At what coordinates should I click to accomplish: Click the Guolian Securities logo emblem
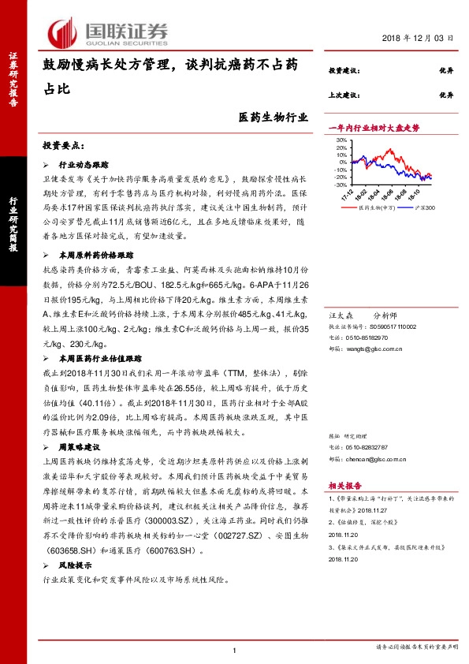pos(63,32)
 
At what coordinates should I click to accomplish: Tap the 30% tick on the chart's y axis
pos(341,141)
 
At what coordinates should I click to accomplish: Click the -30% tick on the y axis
pos(341,187)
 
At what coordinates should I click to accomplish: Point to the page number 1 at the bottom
pos(235,649)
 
